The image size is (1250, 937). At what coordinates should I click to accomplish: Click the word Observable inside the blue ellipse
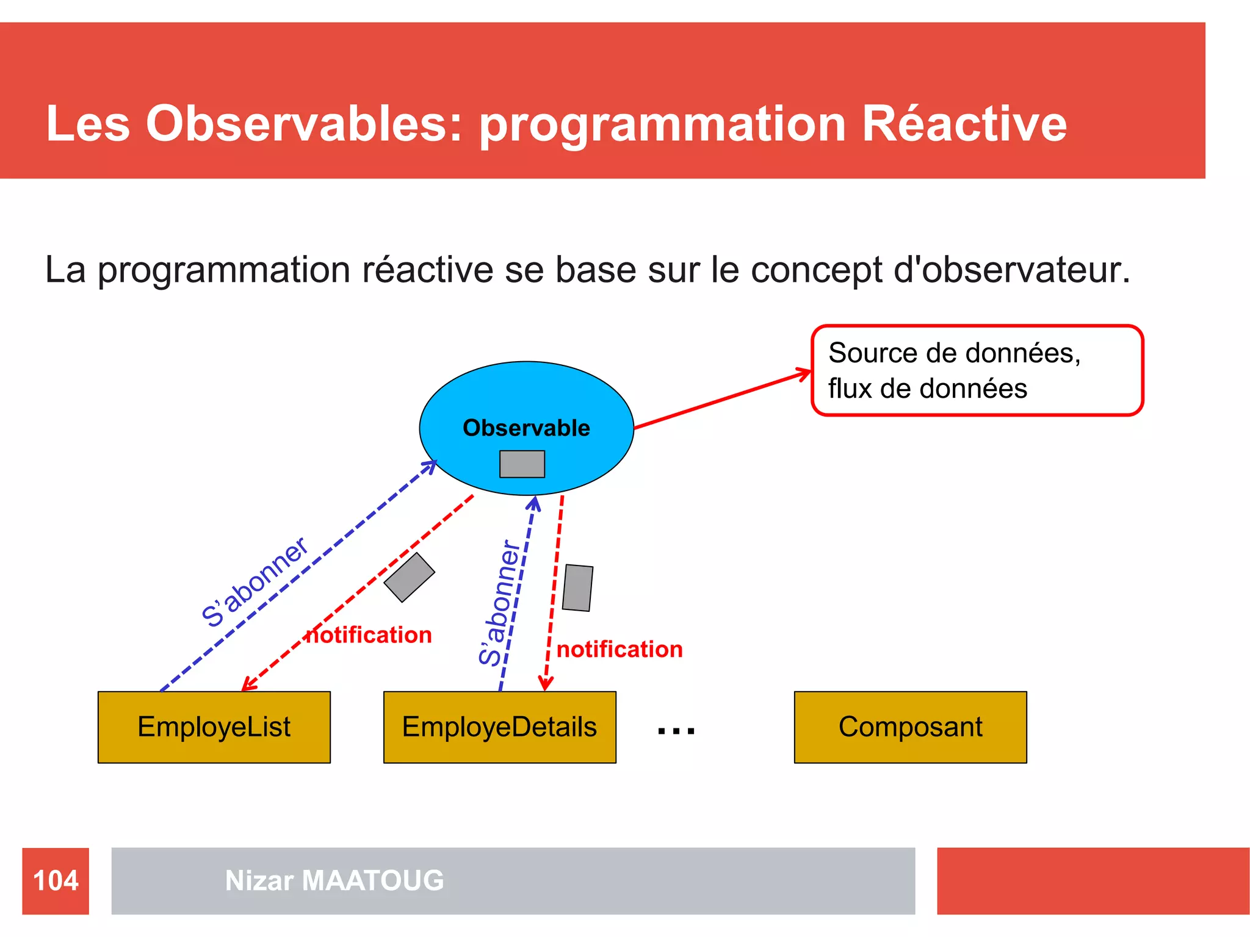(526, 428)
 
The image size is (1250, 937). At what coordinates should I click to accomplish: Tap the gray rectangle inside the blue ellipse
(522, 464)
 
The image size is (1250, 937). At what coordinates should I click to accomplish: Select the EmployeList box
(214, 727)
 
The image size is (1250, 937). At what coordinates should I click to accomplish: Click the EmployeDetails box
(499, 727)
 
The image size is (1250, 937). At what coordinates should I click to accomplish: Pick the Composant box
(910, 727)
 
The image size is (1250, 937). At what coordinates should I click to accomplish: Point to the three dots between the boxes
(676, 730)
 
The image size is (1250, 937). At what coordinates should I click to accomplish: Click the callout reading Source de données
(977, 370)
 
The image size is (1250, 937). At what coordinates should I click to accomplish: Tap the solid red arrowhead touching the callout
(805, 373)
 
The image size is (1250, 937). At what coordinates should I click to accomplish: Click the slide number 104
(56, 881)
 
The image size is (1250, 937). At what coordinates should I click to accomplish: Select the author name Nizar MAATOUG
(334, 881)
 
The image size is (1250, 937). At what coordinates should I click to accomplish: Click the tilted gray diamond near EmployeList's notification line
(409, 578)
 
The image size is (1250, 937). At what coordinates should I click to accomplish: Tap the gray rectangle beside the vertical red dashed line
(577, 588)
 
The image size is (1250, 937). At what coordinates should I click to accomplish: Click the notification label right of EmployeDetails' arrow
(620, 650)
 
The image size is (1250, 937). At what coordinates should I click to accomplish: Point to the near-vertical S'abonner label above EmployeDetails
(500, 603)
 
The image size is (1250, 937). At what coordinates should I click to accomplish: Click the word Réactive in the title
(964, 124)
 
